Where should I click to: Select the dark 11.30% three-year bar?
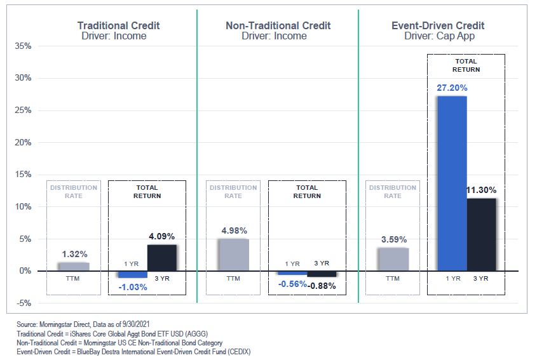tap(481, 234)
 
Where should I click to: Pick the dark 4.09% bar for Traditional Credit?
tap(162, 257)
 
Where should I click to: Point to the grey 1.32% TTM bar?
tap(74, 266)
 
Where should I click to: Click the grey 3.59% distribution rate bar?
tap(393, 259)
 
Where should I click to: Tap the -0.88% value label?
tap(322, 286)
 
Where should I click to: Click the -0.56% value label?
tap(292, 284)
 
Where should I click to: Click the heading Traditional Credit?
tap(118, 26)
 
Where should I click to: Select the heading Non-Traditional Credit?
tap(278, 26)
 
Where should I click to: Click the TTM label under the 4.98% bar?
tap(233, 278)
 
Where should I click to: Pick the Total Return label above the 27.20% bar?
tap(466, 65)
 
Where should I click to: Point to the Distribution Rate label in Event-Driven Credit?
tap(393, 192)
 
